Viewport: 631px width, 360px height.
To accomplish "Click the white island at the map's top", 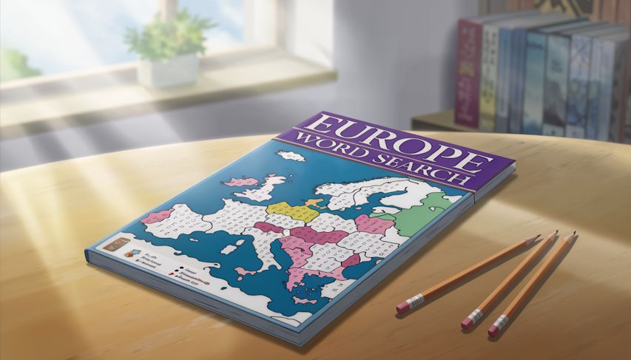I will coord(290,157).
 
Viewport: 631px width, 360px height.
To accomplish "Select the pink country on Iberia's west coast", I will coord(158,217).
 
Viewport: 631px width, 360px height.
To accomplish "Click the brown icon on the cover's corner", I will coord(117,244).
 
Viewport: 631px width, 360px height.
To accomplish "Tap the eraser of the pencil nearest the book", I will coord(405,305).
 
